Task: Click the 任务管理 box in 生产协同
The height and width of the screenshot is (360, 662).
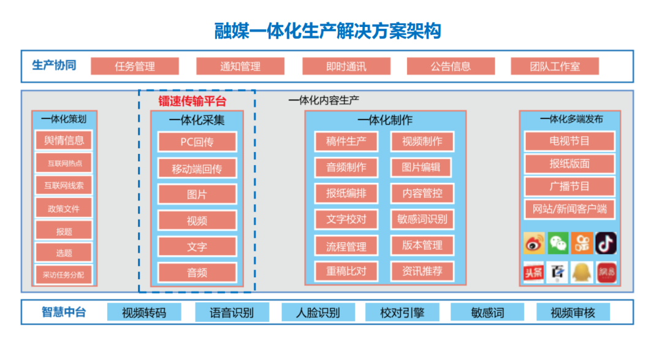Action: pyautogui.click(x=135, y=66)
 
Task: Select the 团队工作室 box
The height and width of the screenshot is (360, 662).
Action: pyautogui.click(x=555, y=66)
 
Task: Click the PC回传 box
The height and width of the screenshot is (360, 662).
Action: pyautogui.click(x=197, y=142)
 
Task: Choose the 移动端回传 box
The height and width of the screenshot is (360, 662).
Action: pyautogui.click(x=197, y=168)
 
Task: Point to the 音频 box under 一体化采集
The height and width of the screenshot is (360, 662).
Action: pyautogui.click(x=197, y=272)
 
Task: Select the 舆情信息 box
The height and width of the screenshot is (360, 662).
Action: pyautogui.click(x=64, y=140)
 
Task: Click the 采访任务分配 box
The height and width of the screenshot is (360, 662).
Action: pyautogui.click(x=64, y=275)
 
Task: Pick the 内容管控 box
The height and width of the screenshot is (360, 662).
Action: pyautogui.click(x=422, y=193)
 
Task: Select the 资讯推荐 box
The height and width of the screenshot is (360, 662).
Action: pyautogui.click(x=422, y=270)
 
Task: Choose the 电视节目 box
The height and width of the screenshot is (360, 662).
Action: pyautogui.click(x=569, y=141)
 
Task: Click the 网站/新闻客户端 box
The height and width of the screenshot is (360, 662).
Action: pyautogui.click(x=569, y=209)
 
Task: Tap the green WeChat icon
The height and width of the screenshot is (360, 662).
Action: pyautogui.click(x=557, y=243)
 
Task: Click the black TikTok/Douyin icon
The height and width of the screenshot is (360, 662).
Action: pyautogui.click(x=606, y=243)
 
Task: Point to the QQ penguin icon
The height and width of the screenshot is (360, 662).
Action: pyautogui.click(x=582, y=272)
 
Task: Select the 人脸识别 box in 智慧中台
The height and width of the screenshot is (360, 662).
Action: pyautogui.click(x=318, y=312)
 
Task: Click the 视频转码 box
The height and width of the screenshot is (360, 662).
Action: pyautogui.click(x=143, y=312)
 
